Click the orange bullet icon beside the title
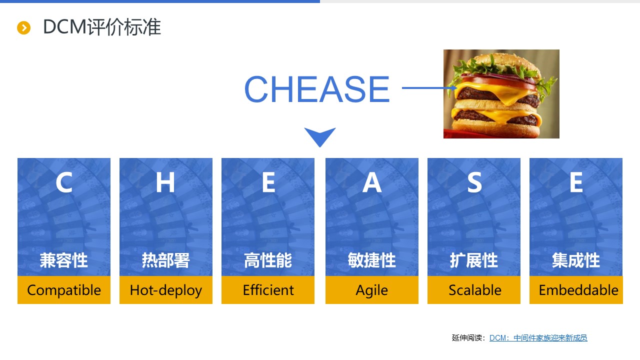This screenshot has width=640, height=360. point(23,27)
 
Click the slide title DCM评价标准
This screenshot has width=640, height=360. point(102,27)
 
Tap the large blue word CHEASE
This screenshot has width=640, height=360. point(317,89)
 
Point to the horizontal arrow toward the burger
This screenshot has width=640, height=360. point(429,87)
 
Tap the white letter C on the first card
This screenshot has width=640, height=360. point(64,182)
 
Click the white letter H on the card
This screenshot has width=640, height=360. point(165,182)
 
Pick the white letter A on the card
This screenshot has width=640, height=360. point(371,182)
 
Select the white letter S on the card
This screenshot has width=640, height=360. point(474,182)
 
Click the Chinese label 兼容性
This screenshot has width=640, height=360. point(63,260)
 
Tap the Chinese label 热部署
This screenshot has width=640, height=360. point(165,260)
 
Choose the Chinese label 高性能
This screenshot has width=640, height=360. point(268,260)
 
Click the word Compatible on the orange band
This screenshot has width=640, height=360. point(64,290)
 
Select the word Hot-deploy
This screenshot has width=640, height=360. point(165,290)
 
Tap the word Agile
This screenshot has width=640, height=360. point(371,290)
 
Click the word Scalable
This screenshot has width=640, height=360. point(475,290)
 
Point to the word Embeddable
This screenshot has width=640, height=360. point(578,290)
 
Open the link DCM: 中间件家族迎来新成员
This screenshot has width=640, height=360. point(538,338)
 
